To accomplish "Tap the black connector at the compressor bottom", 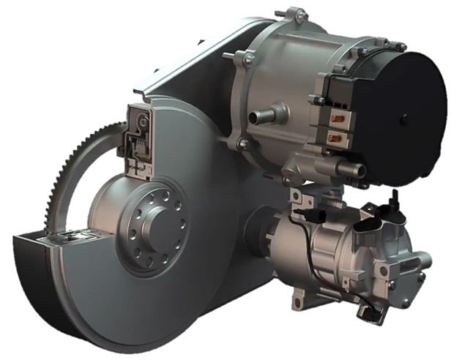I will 373,315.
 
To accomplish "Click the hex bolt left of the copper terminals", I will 316,100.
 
